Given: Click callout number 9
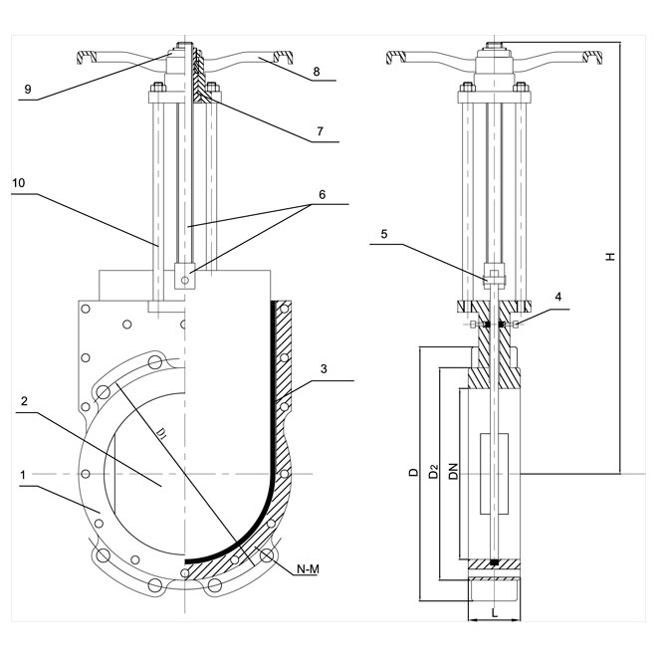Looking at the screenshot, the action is tap(28, 89).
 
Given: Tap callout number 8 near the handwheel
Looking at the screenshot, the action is tap(317, 72).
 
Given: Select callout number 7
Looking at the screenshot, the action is tap(321, 131).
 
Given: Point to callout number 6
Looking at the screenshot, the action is tap(322, 194).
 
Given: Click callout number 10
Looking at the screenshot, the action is tap(19, 183).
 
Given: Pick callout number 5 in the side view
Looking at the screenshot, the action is tap(384, 234).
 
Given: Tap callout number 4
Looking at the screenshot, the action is tap(558, 297).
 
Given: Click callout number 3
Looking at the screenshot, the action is tap(324, 368).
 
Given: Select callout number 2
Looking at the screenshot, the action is tap(24, 401).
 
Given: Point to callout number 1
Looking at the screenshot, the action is tap(23, 475).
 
